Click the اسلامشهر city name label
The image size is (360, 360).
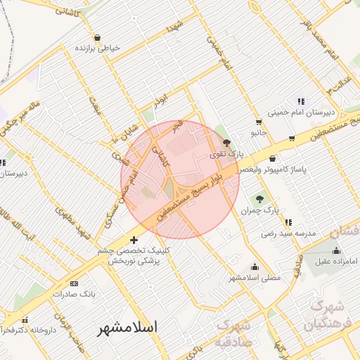(x=127, y=328)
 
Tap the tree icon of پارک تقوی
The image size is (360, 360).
(x=225, y=142)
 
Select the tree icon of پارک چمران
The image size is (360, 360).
(x=259, y=199)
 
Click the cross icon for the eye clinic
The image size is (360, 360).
(x=134, y=241)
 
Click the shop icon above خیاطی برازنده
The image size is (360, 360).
(x=96, y=37)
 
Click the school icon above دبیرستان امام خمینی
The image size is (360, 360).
(x=301, y=101)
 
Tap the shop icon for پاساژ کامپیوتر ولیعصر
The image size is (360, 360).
(x=271, y=158)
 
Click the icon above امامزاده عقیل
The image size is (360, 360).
(x=336, y=250)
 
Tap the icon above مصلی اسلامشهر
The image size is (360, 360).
(x=254, y=267)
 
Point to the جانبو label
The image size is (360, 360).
(x=259, y=131)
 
